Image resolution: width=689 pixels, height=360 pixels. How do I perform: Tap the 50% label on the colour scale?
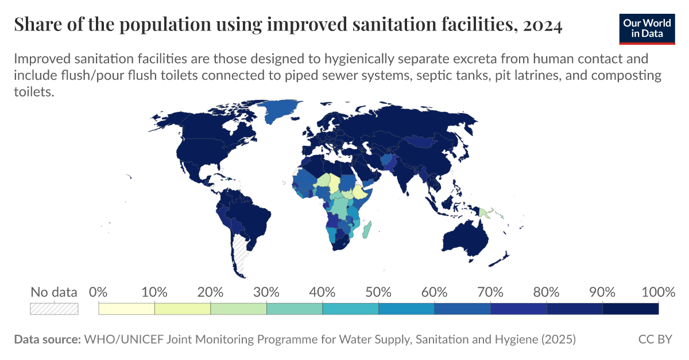(378, 292)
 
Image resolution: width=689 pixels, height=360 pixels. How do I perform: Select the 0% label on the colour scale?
(99, 292)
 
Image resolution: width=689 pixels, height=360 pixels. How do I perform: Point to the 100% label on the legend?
(657, 292)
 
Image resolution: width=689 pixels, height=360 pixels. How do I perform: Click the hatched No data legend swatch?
(54, 308)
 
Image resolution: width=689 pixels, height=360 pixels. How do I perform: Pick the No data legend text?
(54, 292)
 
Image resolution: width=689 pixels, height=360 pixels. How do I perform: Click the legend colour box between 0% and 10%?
(127, 308)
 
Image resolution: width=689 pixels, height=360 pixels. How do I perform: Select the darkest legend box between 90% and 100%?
(630, 308)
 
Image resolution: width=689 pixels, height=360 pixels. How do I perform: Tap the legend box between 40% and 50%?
(350, 308)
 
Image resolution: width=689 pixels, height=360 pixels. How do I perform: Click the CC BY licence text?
(655, 339)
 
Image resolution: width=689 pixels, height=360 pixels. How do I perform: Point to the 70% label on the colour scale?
(490, 292)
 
